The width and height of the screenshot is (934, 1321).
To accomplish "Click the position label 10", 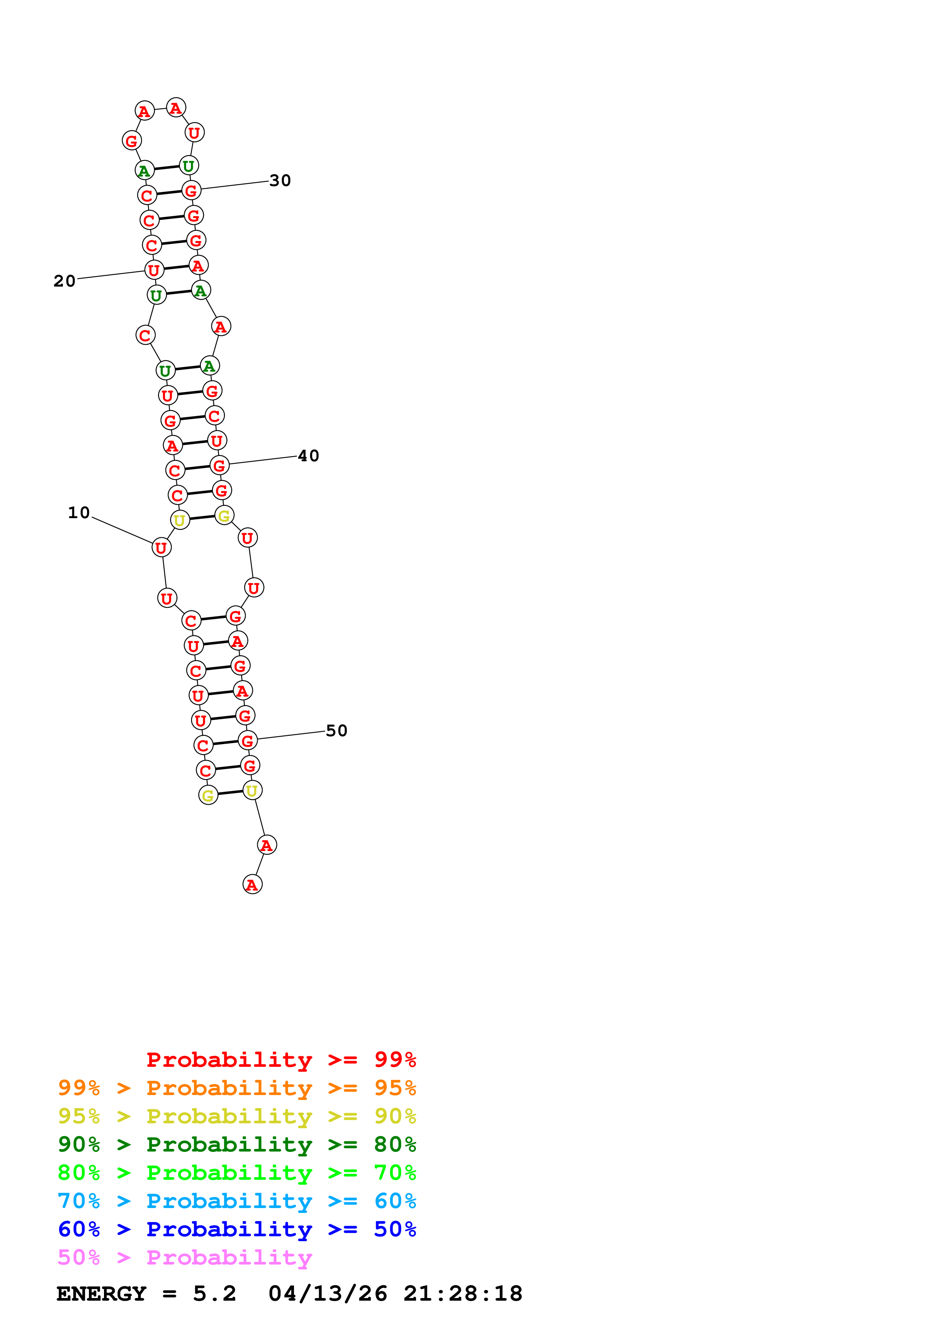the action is point(79,513).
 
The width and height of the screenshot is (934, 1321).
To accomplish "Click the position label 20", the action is point(64,281).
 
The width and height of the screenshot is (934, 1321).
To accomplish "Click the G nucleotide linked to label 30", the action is point(191,191).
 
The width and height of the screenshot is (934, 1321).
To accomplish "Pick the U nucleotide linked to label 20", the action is point(154,270).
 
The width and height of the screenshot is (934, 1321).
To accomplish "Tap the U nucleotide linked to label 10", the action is point(161,548).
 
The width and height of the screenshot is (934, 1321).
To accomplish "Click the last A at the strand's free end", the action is point(252,884).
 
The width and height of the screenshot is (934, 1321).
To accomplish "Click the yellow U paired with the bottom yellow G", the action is point(252,790).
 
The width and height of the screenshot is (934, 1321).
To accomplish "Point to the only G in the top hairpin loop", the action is point(132,140).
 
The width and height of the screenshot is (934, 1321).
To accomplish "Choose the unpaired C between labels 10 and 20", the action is point(145,335).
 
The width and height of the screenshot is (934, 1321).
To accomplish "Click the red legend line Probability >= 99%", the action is point(281,1059).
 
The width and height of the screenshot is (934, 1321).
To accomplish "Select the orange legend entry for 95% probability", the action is point(237,1088).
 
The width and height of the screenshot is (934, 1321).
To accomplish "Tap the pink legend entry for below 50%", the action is point(185,1257).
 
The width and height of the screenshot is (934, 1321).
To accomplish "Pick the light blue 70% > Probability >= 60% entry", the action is point(237,1201).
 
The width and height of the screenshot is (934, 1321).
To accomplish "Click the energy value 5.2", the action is point(214,1294).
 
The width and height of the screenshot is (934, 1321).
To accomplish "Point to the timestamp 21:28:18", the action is point(462,1294).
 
